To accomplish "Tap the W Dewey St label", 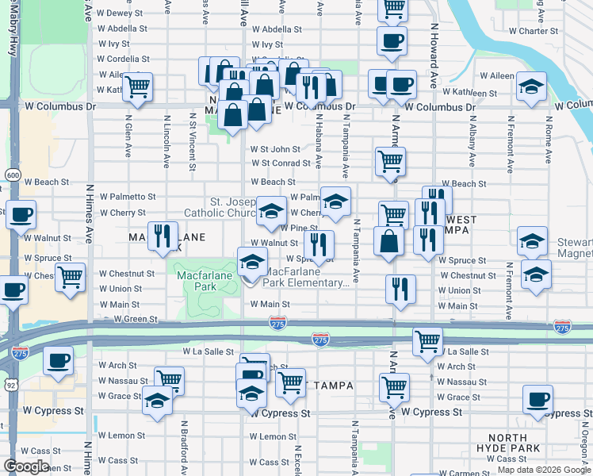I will (x=122, y=13).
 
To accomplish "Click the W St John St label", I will (x=275, y=149).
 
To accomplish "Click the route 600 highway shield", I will (x=13, y=175).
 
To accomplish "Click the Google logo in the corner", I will (x=26, y=466).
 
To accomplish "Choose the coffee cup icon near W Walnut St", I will (x=21, y=214).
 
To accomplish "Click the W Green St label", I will (x=136, y=320).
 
